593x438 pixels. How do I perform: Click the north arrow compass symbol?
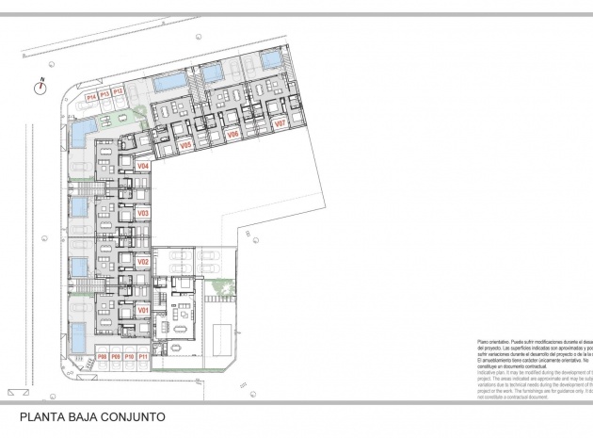[x=40, y=87]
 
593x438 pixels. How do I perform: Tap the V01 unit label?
[x=144, y=309]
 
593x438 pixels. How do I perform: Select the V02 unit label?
[x=144, y=261]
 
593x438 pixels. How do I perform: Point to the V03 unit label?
[x=144, y=214]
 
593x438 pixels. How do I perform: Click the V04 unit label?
[x=144, y=167]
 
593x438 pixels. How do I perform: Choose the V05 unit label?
[x=186, y=145]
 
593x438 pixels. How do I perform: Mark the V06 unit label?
[x=233, y=135]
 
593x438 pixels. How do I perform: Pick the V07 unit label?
[x=279, y=123]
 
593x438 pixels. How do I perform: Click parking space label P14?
[x=91, y=96]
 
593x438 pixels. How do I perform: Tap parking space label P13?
[x=105, y=93]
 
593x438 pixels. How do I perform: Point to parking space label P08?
[x=102, y=357]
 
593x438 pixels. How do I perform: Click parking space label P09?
[x=115, y=357]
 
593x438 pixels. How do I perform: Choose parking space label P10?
[x=129, y=357]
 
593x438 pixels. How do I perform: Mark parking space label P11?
[x=142, y=357]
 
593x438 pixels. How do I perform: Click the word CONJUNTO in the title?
[x=132, y=415]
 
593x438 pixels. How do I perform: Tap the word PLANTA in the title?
[x=41, y=415]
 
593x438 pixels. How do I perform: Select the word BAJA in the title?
[x=81, y=415]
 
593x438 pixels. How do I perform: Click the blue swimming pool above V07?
[x=271, y=61]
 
